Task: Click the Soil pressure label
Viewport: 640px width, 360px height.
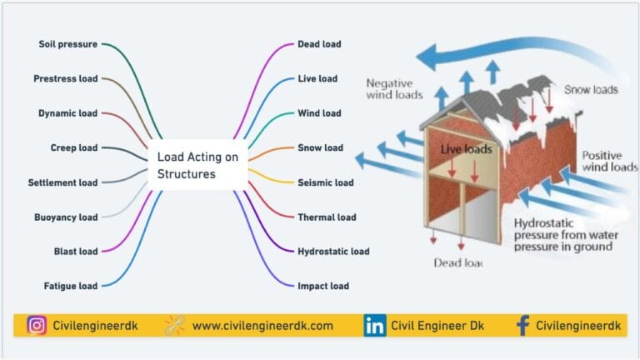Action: (67, 44)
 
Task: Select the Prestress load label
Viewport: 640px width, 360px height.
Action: (65, 78)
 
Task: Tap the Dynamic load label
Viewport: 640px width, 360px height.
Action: (67, 113)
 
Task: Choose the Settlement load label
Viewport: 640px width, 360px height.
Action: (62, 182)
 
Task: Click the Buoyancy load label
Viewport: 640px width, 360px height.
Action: (66, 217)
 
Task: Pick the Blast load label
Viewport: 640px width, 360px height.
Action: (76, 251)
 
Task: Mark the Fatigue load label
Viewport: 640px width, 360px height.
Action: (70, 286)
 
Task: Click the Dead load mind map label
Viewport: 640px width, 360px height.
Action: (319, 44)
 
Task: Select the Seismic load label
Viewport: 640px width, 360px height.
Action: (325, 182)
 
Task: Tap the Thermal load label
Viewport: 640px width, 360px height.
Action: (327, 217)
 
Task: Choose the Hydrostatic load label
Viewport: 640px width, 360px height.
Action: (333, 251)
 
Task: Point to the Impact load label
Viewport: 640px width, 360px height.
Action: (323, 286)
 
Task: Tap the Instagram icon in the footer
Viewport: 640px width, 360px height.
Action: (36, 326)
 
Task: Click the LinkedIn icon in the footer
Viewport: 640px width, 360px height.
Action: (374, 326)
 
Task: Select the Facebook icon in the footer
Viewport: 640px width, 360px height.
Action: (522, 326)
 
